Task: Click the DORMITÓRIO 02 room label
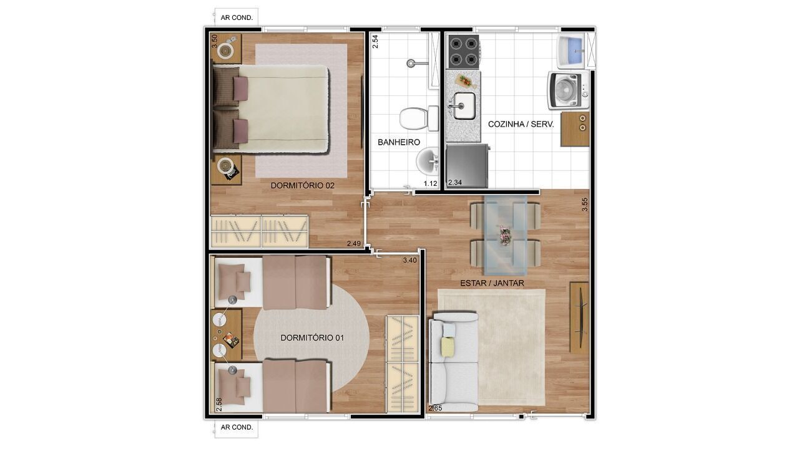pos(303,185)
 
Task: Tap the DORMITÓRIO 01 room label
pos(313,337)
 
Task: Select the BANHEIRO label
pos(399,142)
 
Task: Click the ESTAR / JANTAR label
pos(492,283)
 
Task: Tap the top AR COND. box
pos(237,17)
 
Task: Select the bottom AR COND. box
pos(237,427)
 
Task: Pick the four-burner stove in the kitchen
pos(464,51)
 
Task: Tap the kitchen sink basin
pos(463,105)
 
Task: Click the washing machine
pos(568,90)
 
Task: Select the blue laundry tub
pos(572,50)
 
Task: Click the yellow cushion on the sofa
pos(448,346)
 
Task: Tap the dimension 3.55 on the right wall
pos(585,205)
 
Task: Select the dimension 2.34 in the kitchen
pos(455,182)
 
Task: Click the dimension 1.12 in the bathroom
pos(430,183)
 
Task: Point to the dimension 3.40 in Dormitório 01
pos(410,260)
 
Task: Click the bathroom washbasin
pos(428,162)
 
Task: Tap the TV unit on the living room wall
pos(579,317)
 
